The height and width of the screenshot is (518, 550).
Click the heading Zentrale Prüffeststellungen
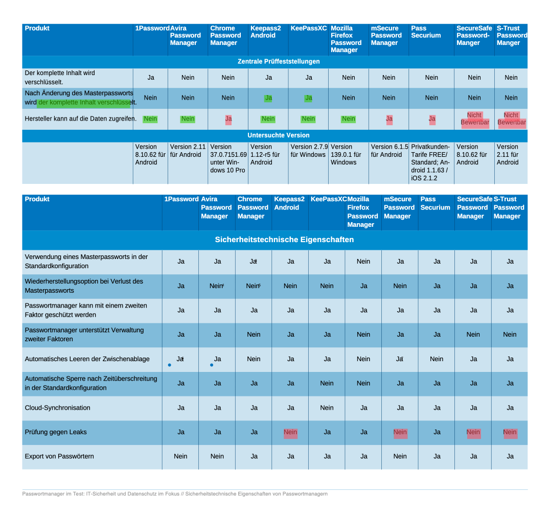(x=279, y=62)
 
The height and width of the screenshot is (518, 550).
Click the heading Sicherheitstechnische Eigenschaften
(x=284, y=240)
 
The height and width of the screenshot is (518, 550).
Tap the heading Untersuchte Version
(x=279, y=135)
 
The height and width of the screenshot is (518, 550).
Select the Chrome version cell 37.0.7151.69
(x=228, y=158)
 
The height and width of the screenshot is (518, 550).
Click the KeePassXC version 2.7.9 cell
(x=309, y=151)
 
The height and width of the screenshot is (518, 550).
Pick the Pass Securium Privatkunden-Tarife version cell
(x=431, y=162)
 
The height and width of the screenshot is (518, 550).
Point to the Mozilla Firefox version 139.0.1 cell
(x=348, y=154)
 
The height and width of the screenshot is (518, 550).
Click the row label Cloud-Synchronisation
(x=58, y=408)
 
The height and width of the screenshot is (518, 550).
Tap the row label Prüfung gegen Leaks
(x=56, y=432)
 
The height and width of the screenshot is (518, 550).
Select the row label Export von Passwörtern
(x=59, y=456)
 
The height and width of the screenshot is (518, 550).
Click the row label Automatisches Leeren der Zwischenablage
(x=87, y=359)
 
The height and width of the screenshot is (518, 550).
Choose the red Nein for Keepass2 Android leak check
(x=290, y=432)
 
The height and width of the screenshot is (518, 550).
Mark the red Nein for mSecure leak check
(x=400, y=432)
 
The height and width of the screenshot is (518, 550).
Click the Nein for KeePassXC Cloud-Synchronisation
(x=327, y=408)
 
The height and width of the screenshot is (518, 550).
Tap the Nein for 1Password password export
(x=180, y=456)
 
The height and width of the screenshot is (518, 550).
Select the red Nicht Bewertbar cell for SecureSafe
(x=474, y=119)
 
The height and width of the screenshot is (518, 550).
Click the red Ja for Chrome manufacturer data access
(x=228, y=119)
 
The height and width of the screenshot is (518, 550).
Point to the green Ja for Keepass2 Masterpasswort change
(x=268, y=98)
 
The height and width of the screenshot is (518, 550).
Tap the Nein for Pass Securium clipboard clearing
(x=437, y=359)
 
